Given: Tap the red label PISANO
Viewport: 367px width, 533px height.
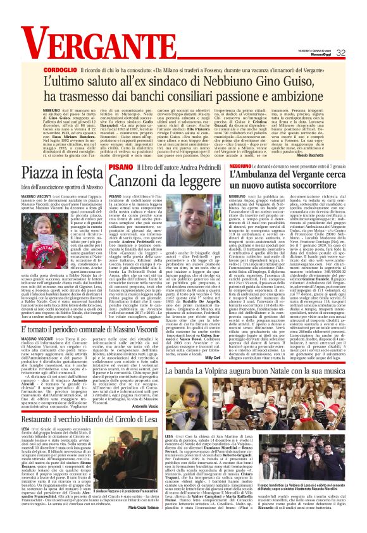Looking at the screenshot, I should click(x=120, y=166).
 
